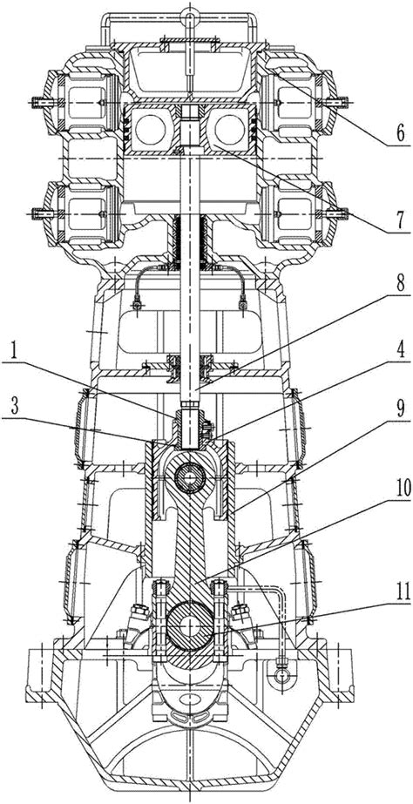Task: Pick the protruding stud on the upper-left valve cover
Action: point(38,102)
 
